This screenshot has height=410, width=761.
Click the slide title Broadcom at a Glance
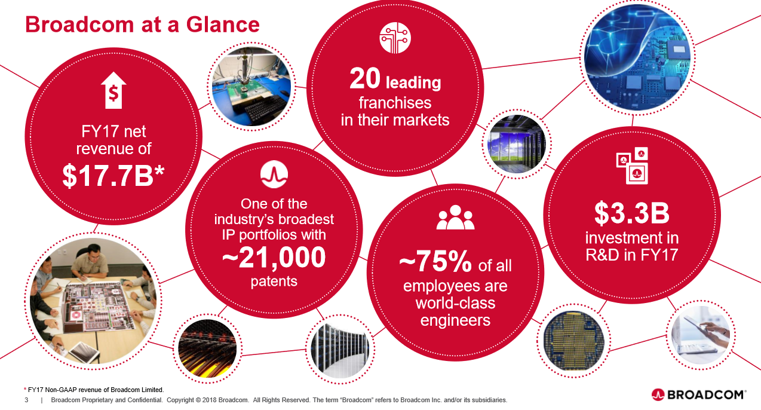(x=142, y=25)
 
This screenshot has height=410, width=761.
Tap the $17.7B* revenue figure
(x=113, y=175)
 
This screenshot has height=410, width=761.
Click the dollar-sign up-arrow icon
(x=113, y=91)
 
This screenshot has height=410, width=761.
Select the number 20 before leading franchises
(x=364, y=79)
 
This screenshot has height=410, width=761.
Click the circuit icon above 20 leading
(x=395, y=37)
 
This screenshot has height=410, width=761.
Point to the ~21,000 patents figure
(x=274, y=256)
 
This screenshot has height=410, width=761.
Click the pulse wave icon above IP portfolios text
(x=274, y=173)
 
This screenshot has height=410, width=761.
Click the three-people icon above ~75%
(x=455, y=218)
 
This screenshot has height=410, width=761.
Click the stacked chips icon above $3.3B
(x=632, y=166)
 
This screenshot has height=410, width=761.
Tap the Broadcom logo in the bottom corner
(x=698, y=394)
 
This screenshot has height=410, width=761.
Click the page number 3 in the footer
(x=26, y=399)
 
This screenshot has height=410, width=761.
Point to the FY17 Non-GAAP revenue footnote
(x=94, y=389)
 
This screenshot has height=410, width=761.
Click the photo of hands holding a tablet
(x=701, y=337)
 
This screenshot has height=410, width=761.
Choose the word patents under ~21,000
(x=274, y=280)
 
